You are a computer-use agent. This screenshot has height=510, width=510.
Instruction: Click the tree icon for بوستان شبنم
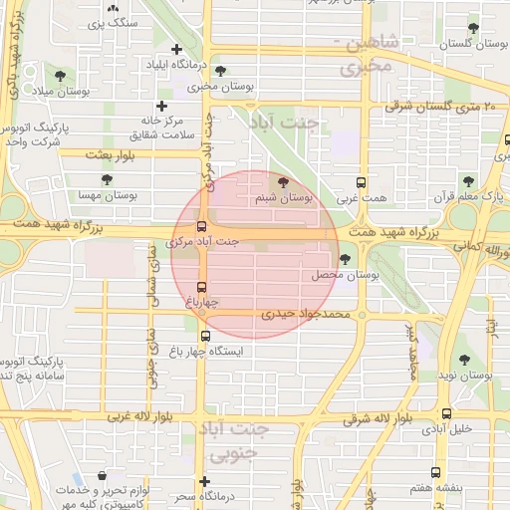point(285,183)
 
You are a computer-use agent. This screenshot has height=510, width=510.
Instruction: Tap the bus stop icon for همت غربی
point(362,183)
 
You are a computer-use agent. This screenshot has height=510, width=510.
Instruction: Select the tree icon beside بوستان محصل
point(345,259)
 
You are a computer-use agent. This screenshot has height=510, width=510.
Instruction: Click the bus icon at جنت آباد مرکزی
point(203,226)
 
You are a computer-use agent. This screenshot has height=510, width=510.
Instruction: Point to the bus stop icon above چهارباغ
point(202,287)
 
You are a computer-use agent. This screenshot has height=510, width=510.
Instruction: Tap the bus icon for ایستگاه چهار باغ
point(205,336)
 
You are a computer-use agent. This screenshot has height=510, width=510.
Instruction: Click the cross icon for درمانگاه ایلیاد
point(176,49)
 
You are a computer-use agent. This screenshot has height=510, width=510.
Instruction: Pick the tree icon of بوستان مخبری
point(219,71)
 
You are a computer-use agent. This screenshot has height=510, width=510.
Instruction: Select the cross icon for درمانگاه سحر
point(204,481)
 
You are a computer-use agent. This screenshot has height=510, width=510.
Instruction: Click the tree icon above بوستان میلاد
point(62,75)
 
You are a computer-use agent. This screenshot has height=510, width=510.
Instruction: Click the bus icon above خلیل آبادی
point(445,413)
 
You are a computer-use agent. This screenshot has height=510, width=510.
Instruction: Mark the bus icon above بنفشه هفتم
point(435,472)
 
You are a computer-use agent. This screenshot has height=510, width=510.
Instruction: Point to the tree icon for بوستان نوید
point(463,360)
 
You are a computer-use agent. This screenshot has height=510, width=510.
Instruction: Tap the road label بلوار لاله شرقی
point(378,419)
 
